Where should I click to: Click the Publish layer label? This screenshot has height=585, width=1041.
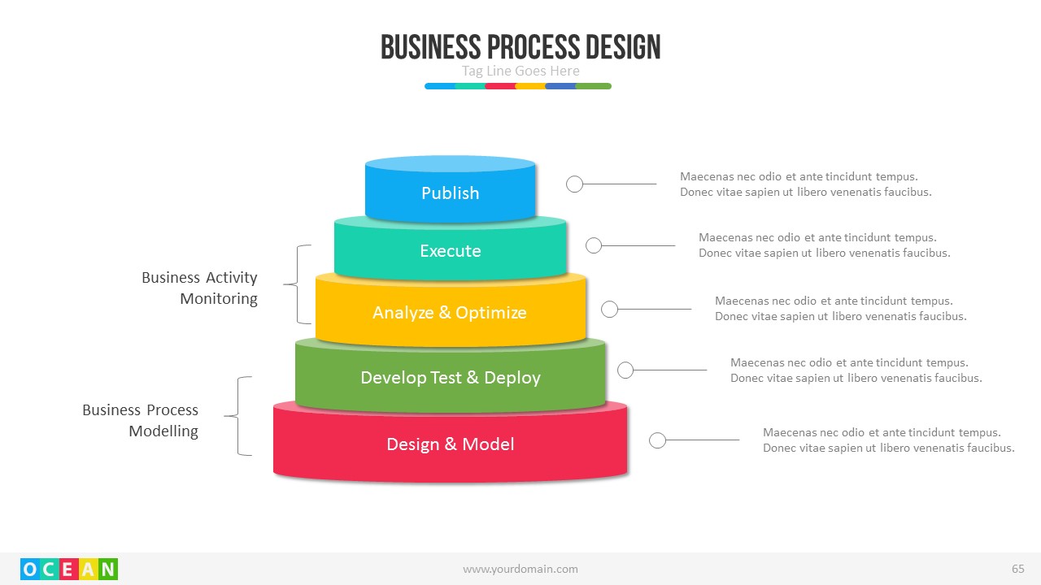tap(450, 193)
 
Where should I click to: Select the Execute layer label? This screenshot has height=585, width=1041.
tap(450, 251)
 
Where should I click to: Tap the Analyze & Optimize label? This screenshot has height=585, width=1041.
tap(450, 313)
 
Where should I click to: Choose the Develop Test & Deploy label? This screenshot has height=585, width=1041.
tap(450, 378)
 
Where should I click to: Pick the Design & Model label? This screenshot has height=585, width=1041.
tap(450, 444)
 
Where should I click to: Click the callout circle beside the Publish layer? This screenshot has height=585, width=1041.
tap(574, 184)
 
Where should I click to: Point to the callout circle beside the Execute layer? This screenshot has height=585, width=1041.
tap(594, 245)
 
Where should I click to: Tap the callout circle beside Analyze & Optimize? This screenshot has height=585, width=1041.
tap(609, 309)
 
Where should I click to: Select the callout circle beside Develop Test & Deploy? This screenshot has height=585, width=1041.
tap(625, 370)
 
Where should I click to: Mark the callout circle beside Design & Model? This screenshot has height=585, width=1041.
tap(658, 440)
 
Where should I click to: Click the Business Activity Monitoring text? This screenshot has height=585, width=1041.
tap(200, 288)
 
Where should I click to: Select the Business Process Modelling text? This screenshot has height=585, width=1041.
tap(141, 420)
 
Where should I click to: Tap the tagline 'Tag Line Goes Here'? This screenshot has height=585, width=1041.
tap(520, 71)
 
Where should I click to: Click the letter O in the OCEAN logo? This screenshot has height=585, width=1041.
tap(30, 570)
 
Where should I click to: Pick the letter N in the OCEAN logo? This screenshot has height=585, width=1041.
tap(108, 570)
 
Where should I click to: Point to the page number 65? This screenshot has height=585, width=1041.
tap(1017, 569)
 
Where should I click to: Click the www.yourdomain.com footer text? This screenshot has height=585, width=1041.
tap(520, 569)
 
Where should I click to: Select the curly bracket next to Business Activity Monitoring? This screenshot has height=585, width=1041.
tap(299, 284)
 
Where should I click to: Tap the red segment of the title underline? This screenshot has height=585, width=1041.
tap(500, 85)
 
